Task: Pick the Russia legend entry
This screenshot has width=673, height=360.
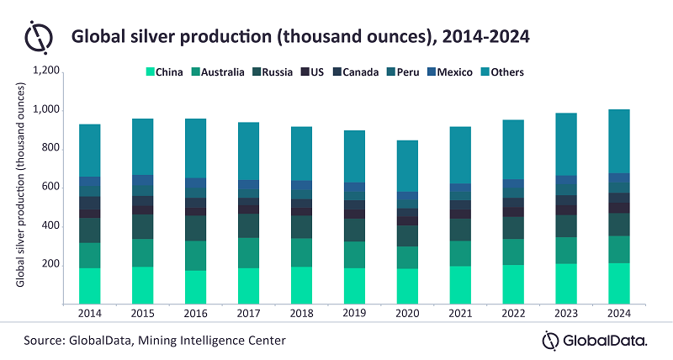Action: point(277,72)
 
